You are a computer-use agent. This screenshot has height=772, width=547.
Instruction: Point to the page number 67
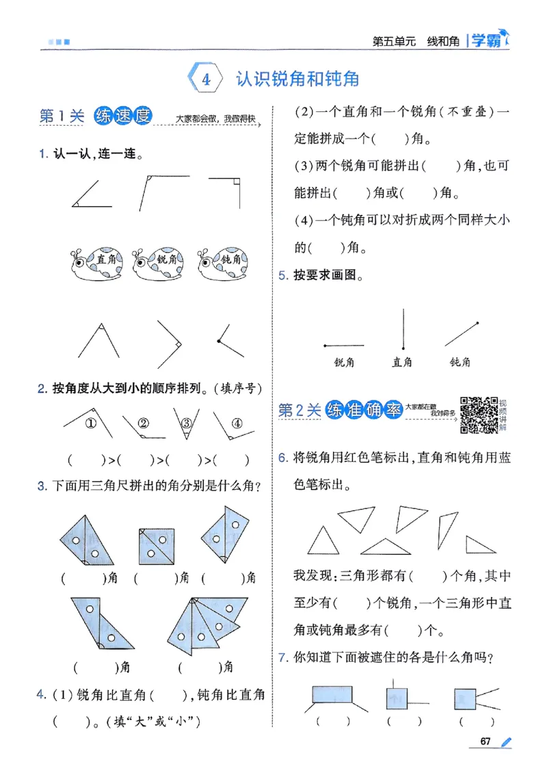tap(486, 742)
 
